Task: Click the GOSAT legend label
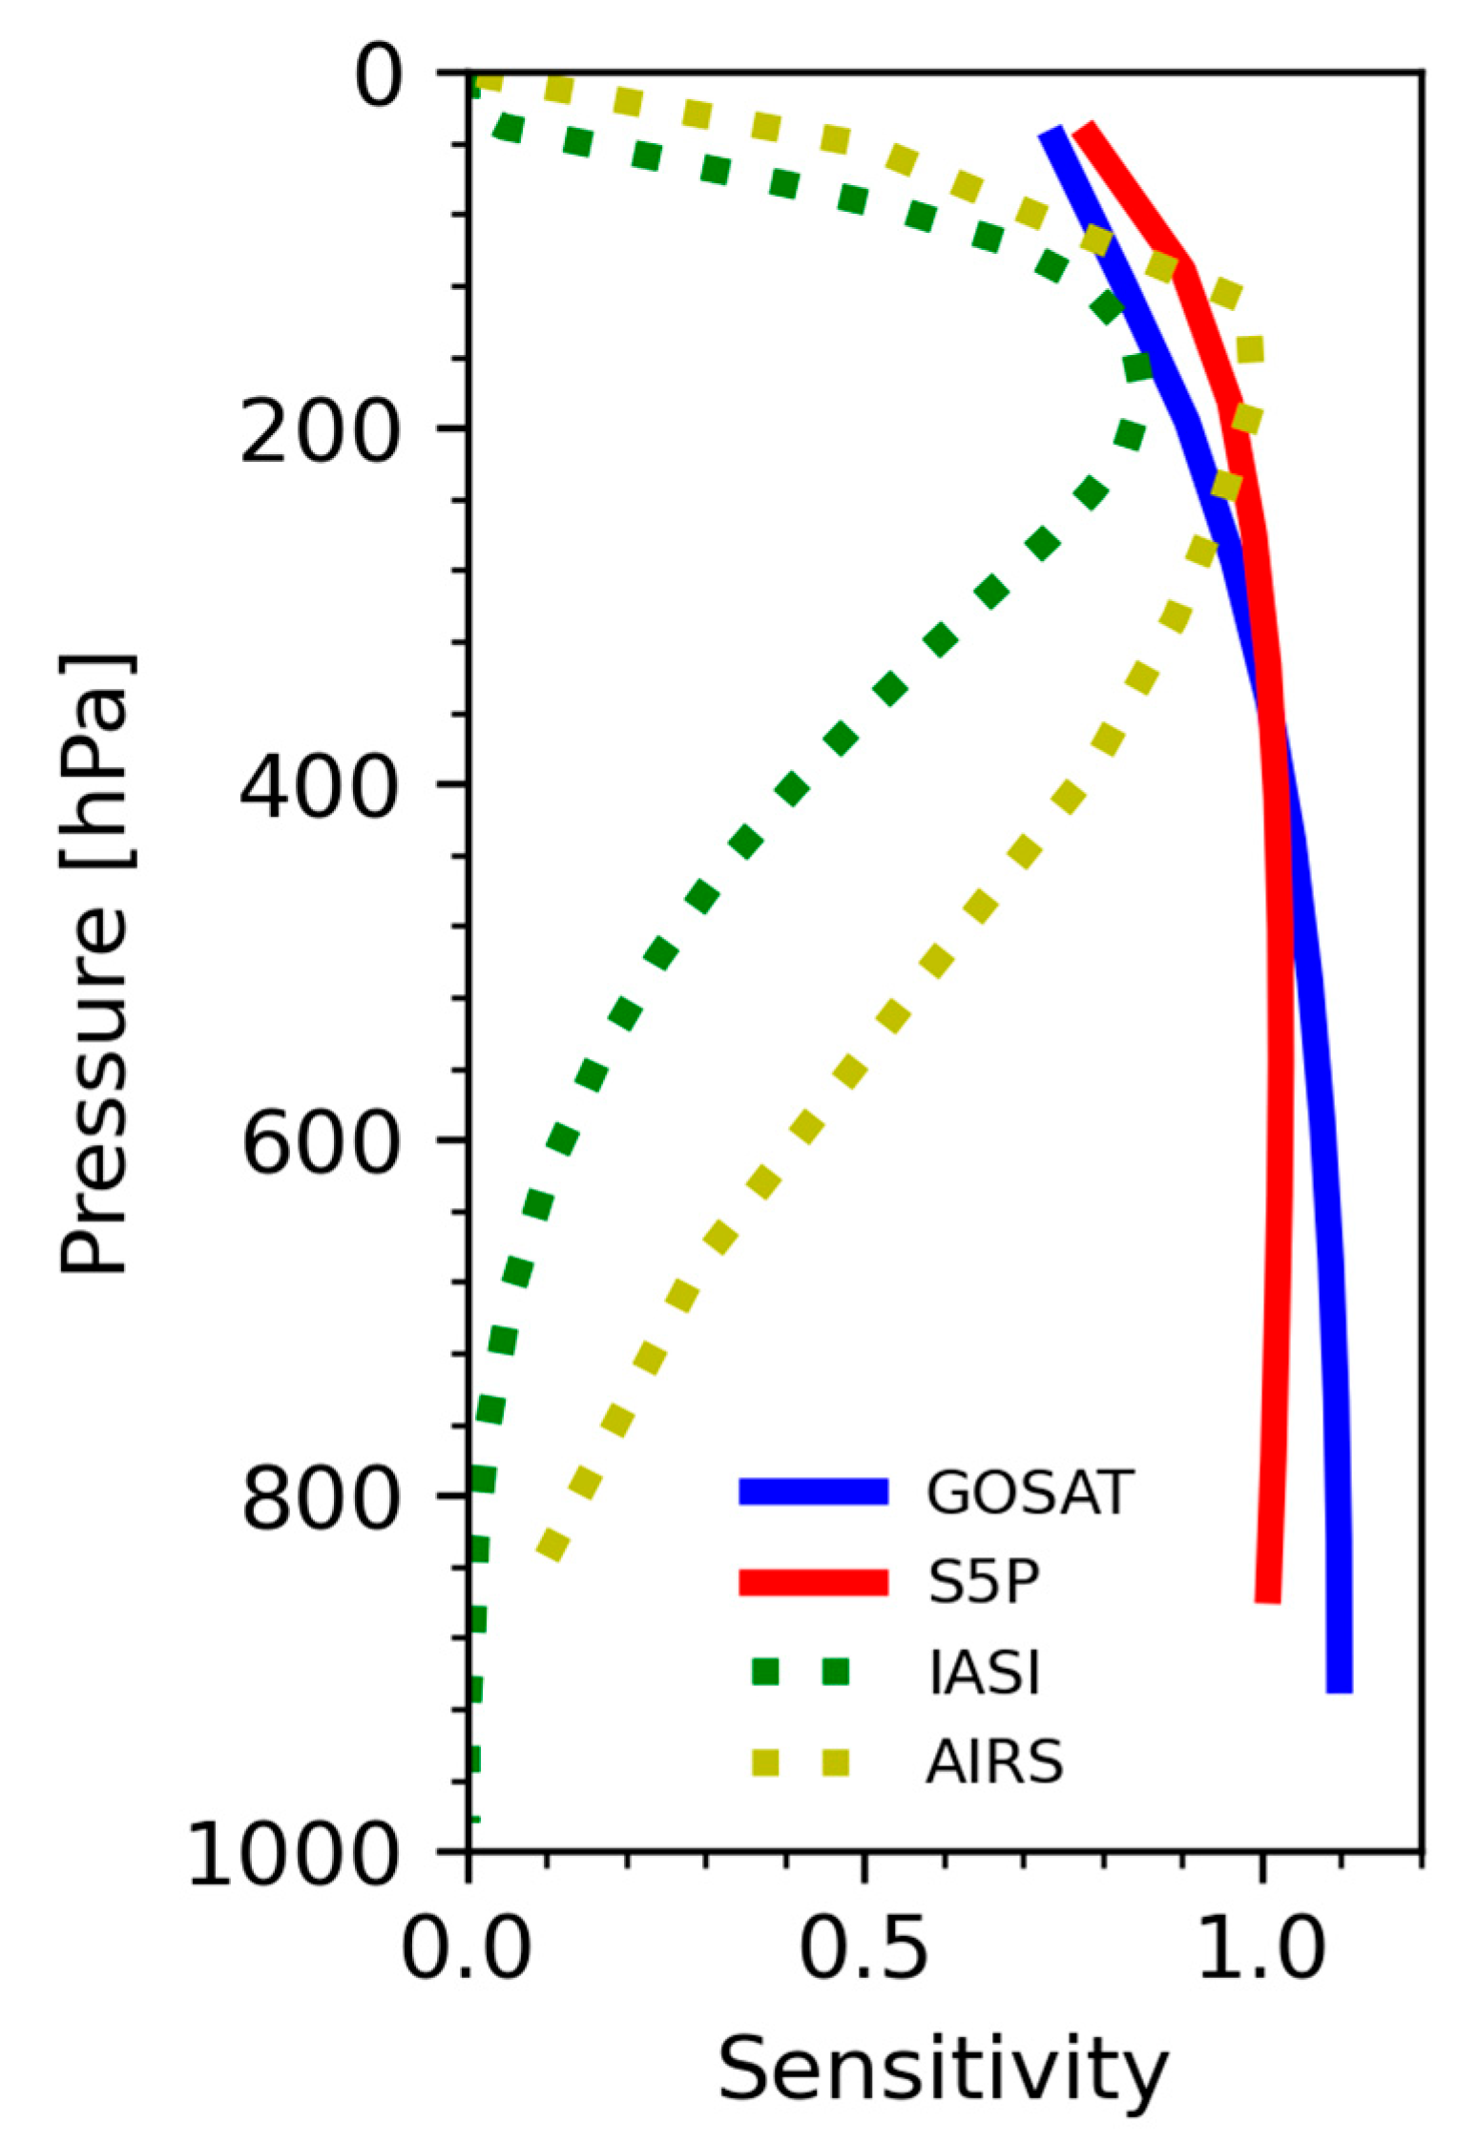click(x=1028, y=1491)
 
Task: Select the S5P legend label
click(x=983, y=1582)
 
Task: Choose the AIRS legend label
click(x=993, y=1761)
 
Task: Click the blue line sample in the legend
click(x=813, y=1491)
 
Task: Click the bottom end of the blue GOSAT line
click(x=1340, y=1689)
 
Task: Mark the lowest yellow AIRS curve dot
click(x=552, y=1543)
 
